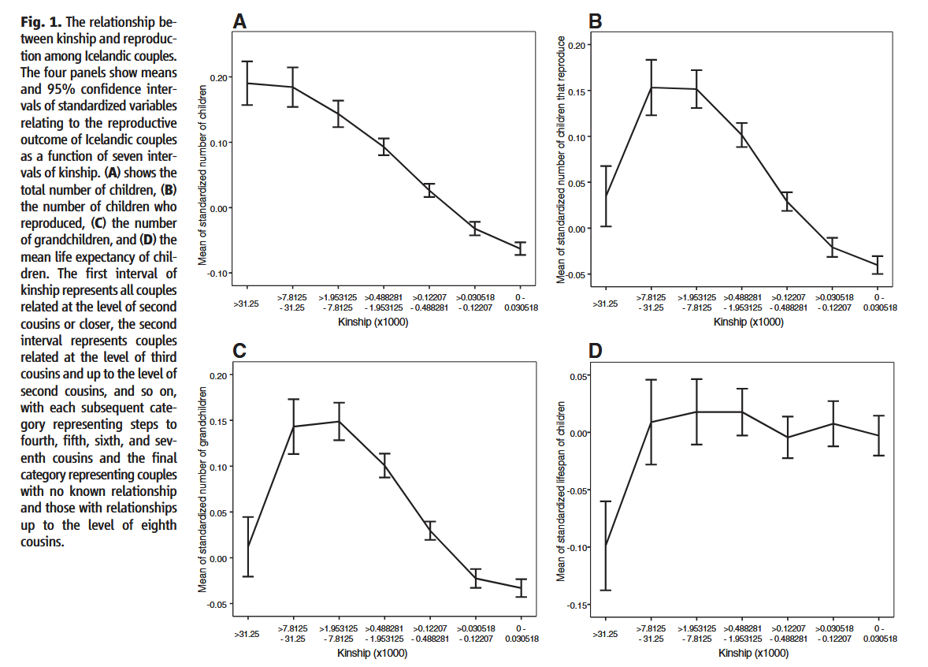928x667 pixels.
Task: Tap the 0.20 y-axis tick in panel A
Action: pos(221,77)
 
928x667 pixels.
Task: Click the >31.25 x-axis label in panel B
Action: pos(605,303)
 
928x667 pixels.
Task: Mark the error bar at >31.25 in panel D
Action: pos(606,546)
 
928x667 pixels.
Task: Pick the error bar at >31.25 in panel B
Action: pos(606,196)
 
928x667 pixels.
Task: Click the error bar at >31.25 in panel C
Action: pos(247,546)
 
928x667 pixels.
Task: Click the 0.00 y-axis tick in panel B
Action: pos(577,229)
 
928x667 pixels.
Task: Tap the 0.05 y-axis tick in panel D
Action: pos(578,375)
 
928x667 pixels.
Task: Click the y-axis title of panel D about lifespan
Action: pos(561,491)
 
